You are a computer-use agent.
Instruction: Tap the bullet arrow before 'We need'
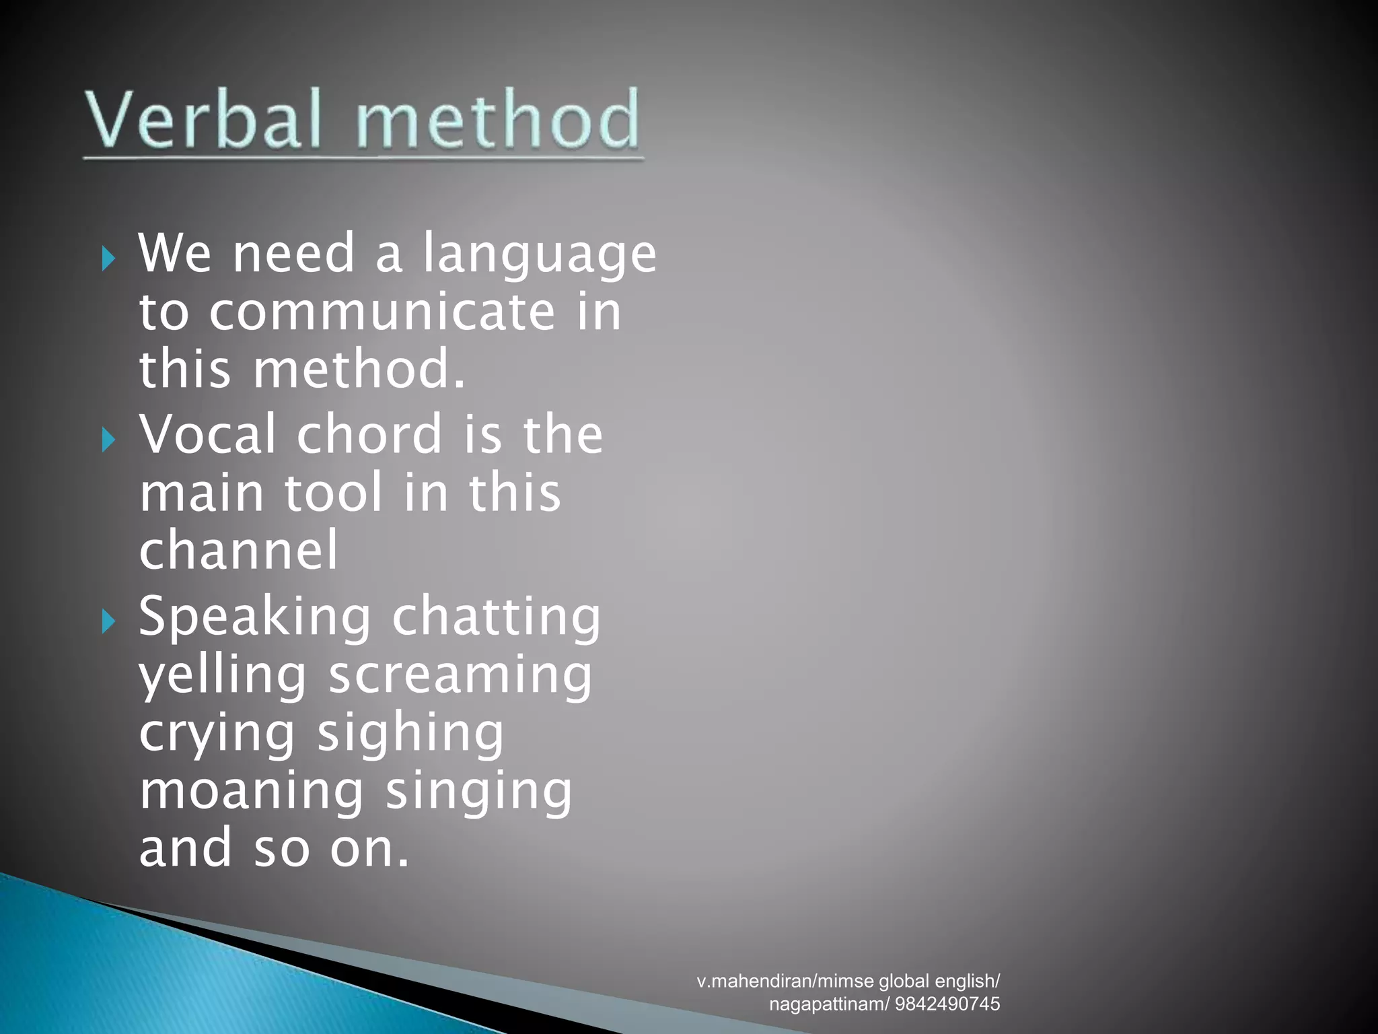(x=108, y=258)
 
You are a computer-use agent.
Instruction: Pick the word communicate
(x=382, y=312)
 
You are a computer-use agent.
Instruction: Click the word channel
(x=238, y=550)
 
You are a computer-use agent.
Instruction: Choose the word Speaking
(x=254, y=618)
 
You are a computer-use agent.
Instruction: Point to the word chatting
(x=497, y=618)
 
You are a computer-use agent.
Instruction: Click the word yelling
(x=222, y=676)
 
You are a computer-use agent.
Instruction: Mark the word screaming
(x=460, y=676)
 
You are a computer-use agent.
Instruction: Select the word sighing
(x=410, y=734)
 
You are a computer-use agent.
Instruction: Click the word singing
(x=478, y=792)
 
